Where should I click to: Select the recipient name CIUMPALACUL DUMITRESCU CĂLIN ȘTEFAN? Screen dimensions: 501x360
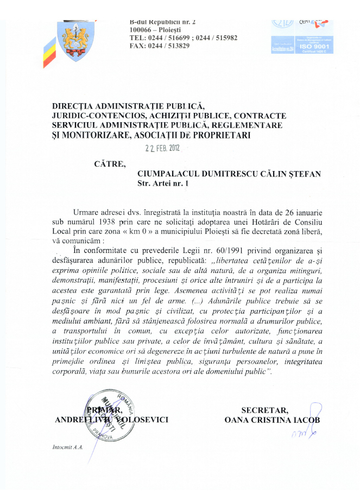coord(229,174)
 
